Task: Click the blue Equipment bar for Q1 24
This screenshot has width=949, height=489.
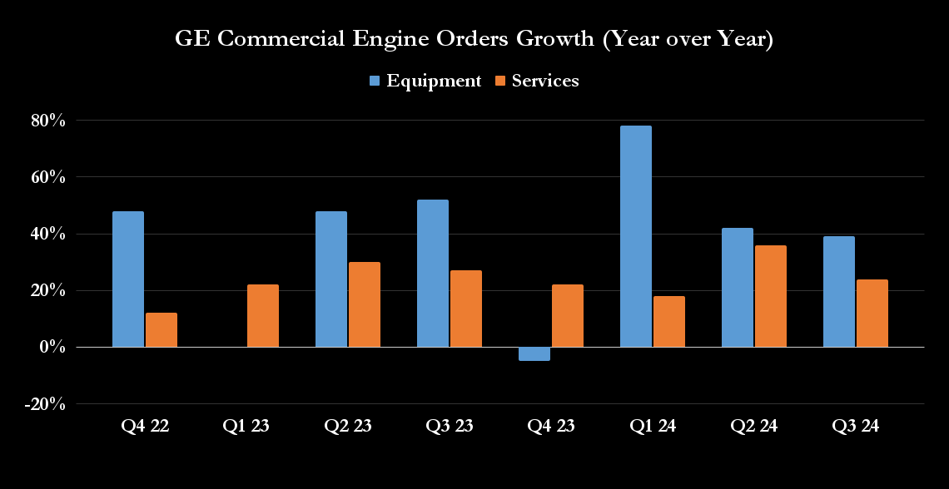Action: [x=636, y=236]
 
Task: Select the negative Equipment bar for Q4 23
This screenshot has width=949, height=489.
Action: [x=534, y=354]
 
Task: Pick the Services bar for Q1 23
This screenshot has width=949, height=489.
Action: [x=263, y=316]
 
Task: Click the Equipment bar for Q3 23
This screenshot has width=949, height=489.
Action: [x=433, y=274]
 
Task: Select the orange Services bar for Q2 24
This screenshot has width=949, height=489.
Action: [x=771, y=296]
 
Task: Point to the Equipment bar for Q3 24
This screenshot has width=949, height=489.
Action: [x=839, y=292]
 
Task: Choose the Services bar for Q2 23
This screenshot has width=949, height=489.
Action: [x=365, y=304]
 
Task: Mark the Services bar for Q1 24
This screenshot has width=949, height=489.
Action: [x=669, y=322]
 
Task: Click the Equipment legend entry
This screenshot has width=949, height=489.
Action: [x=425, y=81]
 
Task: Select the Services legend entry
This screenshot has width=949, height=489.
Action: [x=536, y=81]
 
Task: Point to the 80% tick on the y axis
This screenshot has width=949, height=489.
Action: [x=48, y=121]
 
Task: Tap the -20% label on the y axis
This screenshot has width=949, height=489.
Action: [x=46, y=404]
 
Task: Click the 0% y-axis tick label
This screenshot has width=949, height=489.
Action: [x=52, y=348]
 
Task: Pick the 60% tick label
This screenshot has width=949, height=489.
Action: [x=48, y=177]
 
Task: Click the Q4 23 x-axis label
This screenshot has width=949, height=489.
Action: [x=551, y=427]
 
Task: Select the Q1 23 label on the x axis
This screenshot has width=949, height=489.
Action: [x=246, y=427]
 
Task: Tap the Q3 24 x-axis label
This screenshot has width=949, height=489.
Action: [x=856, y=427]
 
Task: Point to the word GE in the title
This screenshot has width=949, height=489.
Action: [x=189, y=39]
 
